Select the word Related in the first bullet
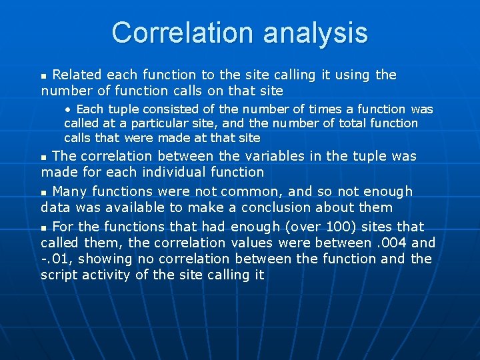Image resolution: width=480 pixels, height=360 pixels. tap(77, 75)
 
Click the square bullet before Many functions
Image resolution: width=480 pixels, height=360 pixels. tap(45, 193)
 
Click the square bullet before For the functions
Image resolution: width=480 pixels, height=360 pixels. tap(45, 228)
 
